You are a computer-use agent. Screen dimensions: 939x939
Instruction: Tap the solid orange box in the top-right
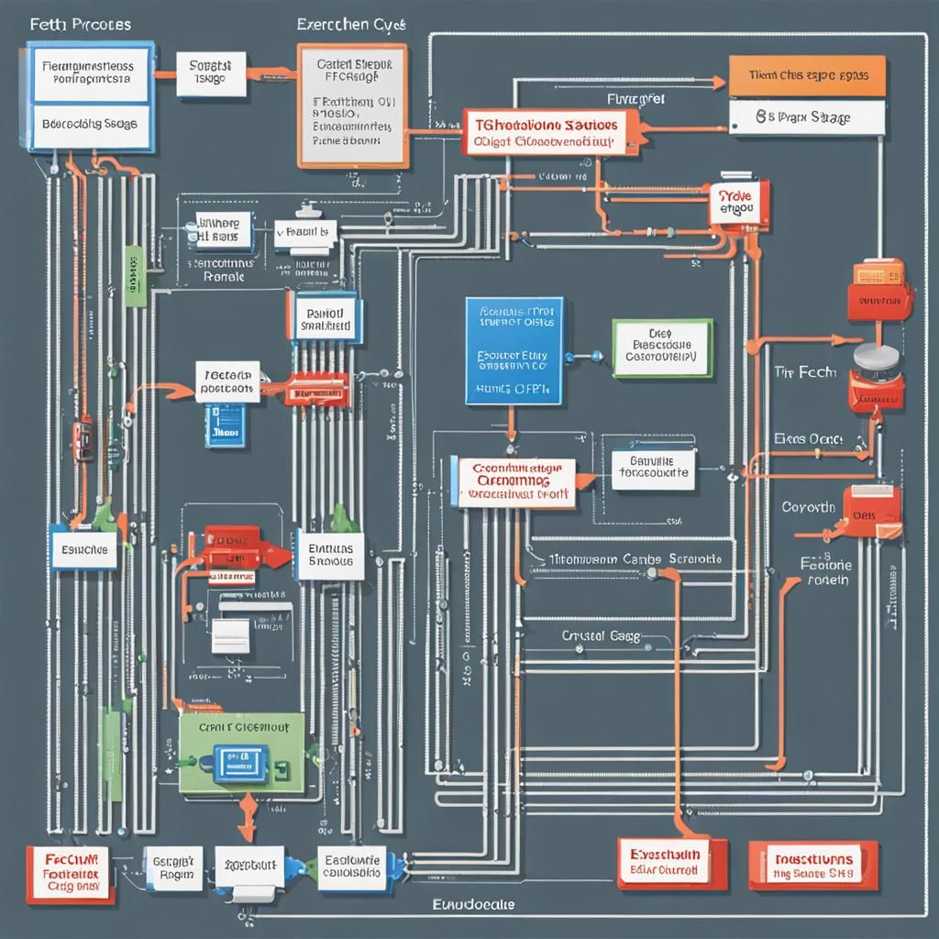(x=807, y=76)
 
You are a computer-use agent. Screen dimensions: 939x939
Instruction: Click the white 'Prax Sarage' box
(x=807, y=117)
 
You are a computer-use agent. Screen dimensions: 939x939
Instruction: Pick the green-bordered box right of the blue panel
(x=661, y=348)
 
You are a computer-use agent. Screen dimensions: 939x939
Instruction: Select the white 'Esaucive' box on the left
(x=83, y=550)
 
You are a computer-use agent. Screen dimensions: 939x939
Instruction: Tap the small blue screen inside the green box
(x=240, y=759)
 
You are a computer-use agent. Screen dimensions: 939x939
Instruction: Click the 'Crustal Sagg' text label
(x=602, y=635)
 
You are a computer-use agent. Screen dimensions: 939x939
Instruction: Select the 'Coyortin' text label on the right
(x=808, y=507)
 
